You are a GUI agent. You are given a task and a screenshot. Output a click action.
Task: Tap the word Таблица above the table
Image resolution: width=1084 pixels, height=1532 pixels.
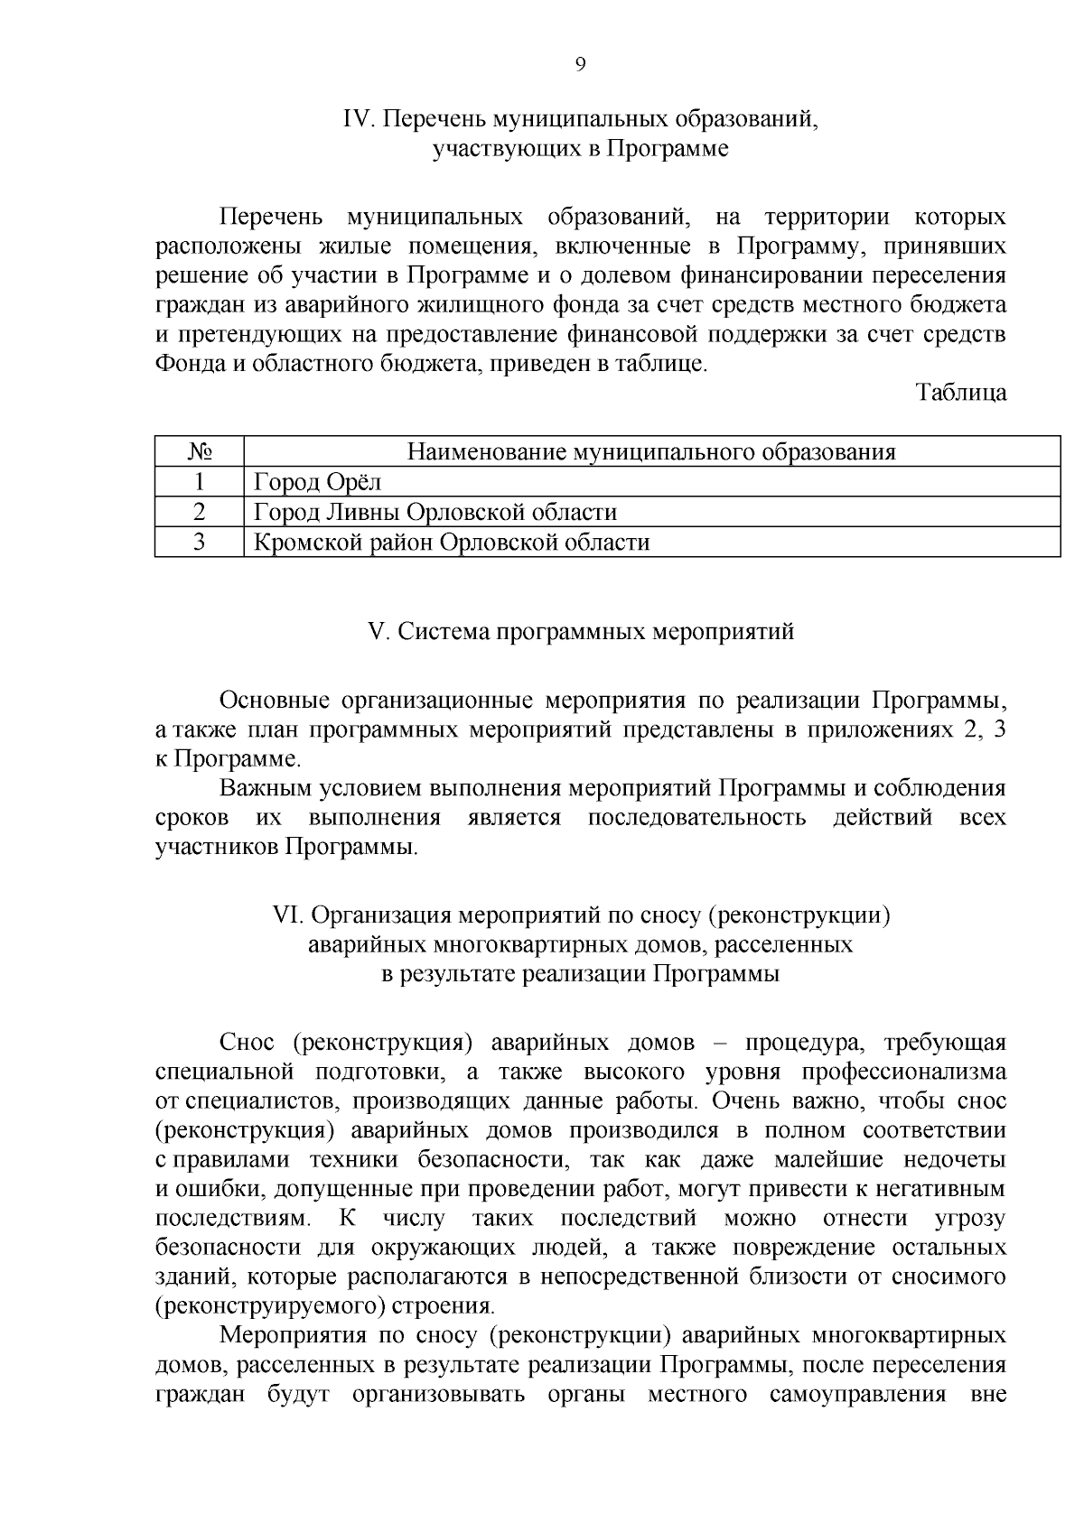click(961, 393)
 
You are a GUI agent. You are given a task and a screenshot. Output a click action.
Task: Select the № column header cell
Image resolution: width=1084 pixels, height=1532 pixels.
click(199, 451)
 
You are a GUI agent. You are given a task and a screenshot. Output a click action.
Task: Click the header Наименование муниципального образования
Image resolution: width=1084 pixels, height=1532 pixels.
click(650, 451)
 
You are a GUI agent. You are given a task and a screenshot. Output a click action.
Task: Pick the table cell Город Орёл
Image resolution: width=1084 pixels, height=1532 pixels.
click(318, 482)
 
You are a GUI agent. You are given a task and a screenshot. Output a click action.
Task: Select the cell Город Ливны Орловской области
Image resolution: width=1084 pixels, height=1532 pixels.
click(435, 512)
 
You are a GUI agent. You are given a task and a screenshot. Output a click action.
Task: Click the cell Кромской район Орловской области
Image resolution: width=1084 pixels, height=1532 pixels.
click(452, 542)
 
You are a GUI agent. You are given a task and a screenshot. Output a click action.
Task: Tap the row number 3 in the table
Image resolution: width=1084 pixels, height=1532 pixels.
click(199, 542)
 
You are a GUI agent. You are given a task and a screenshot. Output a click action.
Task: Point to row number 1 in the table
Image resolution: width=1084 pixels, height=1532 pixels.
click(199, 482)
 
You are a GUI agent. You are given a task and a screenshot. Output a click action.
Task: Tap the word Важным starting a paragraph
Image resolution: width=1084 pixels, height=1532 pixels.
click(265, 788)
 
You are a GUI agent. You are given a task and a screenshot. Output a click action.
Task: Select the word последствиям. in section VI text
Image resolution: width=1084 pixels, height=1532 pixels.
click(233, 1219)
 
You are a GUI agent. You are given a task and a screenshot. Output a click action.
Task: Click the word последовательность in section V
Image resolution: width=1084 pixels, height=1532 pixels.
click(696, 818)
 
